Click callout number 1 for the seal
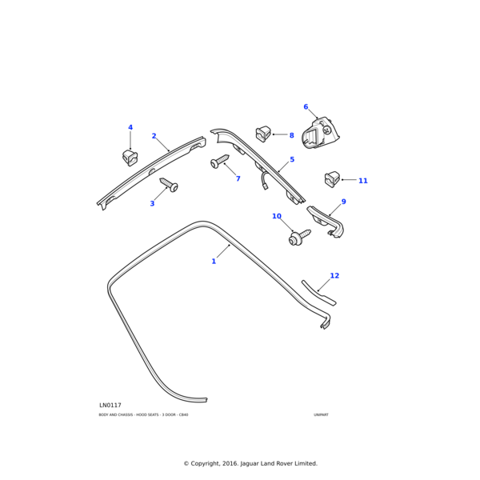[214, 262]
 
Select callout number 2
[154, 137]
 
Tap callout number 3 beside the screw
[152, 204]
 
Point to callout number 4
[130, 128]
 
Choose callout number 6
[306, 107]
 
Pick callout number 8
[291, 136]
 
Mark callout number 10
[277, 217]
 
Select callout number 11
[362, 181]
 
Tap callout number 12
[334, 276]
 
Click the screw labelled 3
[170, 186]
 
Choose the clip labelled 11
[330, 179]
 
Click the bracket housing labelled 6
[322, 133]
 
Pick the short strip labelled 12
[318, 293]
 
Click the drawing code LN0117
[110, 406]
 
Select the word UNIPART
[321, 415]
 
